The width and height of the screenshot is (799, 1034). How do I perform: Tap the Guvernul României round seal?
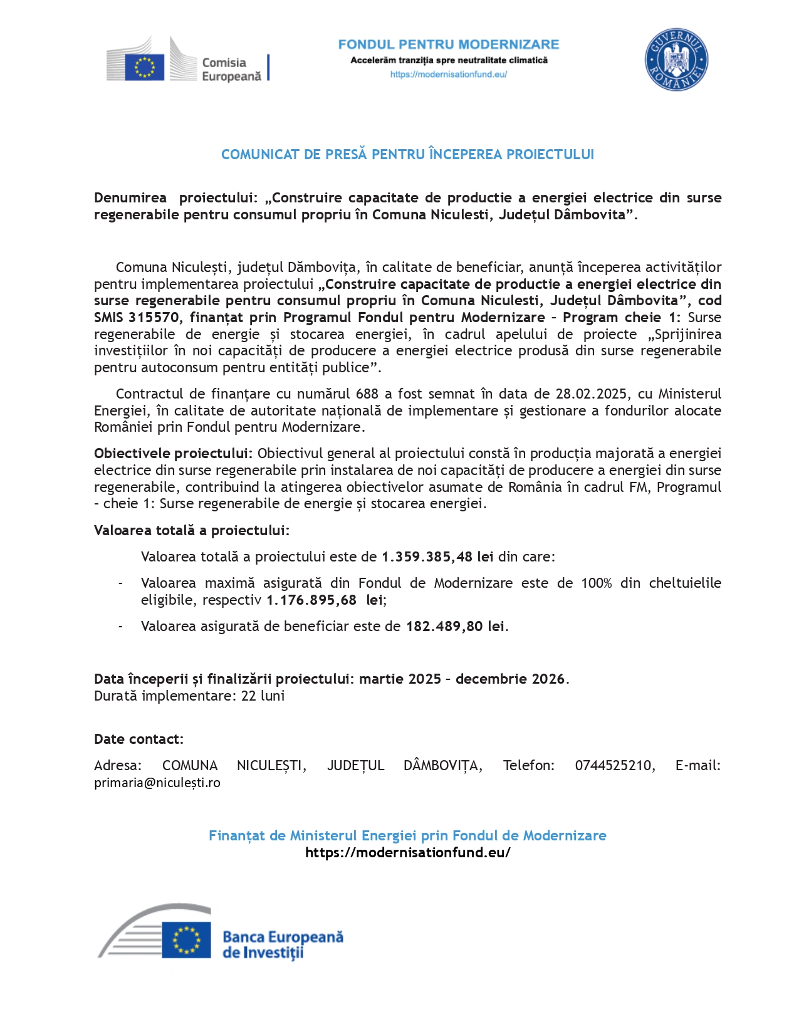coord(676,60)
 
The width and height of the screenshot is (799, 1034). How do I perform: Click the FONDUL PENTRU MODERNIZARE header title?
coord(449,44)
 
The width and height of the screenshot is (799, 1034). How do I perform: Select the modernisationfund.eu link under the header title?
coord(449,75)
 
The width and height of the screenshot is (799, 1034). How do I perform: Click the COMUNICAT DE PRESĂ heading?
coord(407,155)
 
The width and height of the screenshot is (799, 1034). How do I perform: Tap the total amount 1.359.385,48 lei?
coord(437,557)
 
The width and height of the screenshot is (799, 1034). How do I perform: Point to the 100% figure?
coord(596,583)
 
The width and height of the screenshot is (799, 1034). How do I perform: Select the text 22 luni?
coord(263,696)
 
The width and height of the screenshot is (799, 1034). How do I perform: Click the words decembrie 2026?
coord(510,679)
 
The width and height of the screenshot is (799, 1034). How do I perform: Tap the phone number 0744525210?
coord(614,766)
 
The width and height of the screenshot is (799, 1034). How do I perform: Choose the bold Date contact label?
coord(138,739)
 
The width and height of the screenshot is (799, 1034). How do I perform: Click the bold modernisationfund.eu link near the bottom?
coord(408,853)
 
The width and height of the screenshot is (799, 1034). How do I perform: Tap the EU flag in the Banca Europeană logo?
coord(186,940)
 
